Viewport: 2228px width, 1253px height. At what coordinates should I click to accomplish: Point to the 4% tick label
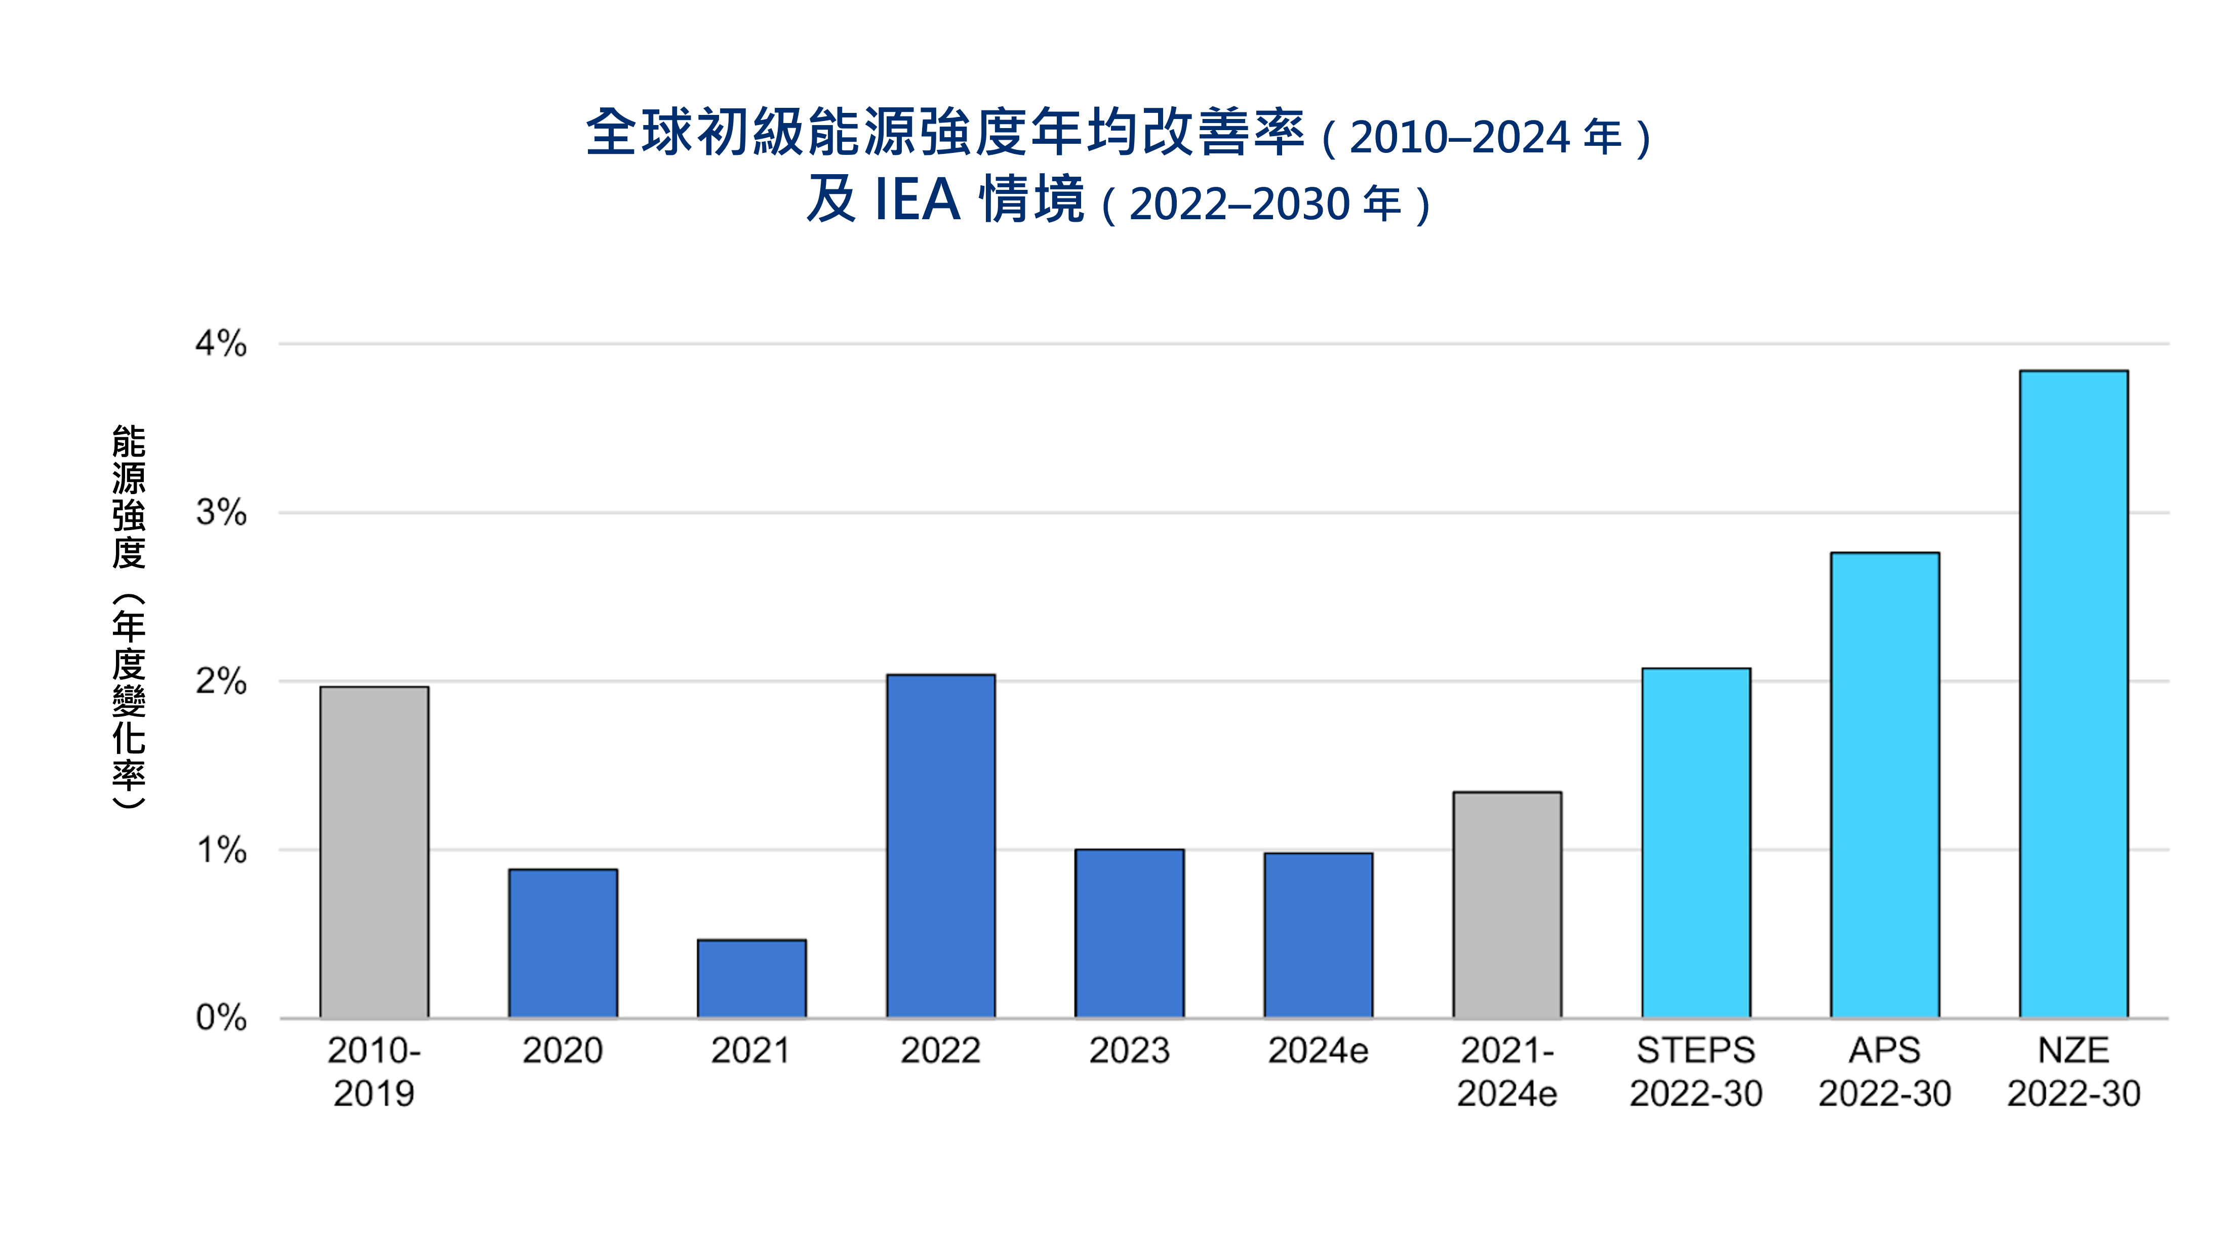221,344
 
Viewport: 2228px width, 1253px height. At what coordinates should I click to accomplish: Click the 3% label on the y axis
221,513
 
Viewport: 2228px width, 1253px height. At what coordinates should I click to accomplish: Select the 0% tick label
221,1018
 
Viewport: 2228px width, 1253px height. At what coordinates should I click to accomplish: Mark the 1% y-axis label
221,850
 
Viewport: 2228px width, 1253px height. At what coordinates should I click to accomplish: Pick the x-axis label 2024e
1318,1050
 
